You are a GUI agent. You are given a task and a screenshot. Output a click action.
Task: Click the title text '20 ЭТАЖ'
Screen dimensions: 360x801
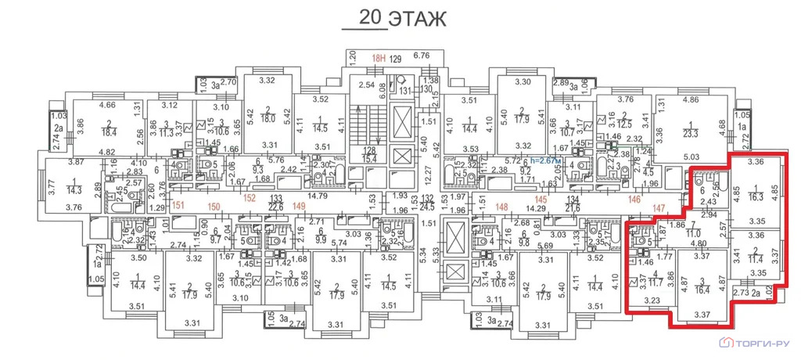point(390,17)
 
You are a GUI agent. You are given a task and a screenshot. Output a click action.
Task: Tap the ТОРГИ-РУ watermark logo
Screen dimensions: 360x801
point(757,343)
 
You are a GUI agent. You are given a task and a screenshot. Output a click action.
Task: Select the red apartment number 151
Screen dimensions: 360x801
point(178,206)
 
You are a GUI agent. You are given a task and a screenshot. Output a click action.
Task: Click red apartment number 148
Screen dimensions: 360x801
point(501,207)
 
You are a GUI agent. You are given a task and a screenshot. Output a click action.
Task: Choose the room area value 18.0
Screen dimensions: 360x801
point(267,118)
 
